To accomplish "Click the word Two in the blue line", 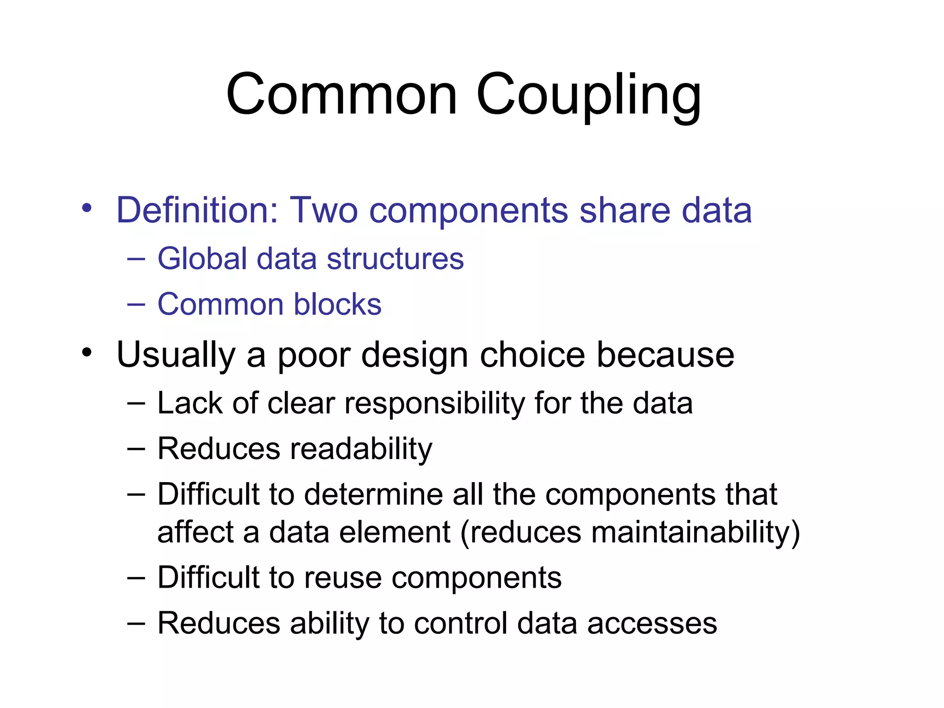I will pos(323,210).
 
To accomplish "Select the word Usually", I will pos(176,355).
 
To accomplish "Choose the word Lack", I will pos(189,403).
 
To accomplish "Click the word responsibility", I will pos(434,404).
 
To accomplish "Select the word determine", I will pos(373,494).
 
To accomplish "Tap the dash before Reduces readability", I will pos(136,448).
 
